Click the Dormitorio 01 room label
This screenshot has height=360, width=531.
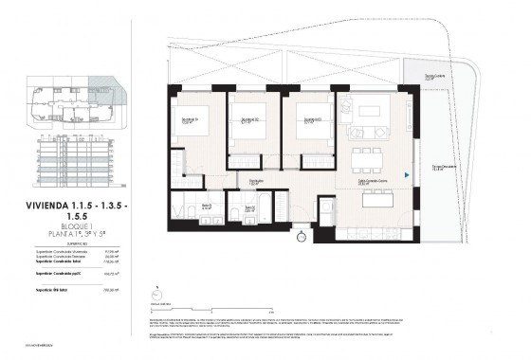click(x=191, y=120)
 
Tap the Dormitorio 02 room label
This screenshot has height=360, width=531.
click(x=249, y=120)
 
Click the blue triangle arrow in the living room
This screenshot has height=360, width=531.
click(x=406, y=174)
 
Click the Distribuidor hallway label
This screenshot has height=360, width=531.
click(x=256, y=182)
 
